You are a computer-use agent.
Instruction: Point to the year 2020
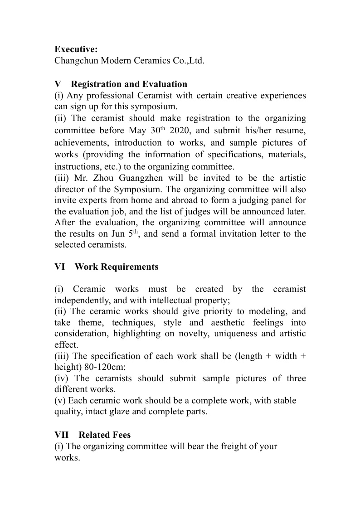point(188,131)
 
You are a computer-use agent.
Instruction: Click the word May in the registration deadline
point(140,131)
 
